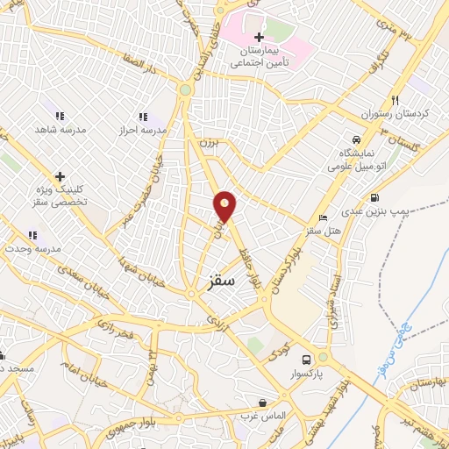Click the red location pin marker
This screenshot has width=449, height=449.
click(x=225, y=207)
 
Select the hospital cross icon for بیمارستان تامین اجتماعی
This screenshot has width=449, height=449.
click(x=259, y=37)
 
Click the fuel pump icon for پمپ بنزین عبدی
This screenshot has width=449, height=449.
click(x=375, y=197)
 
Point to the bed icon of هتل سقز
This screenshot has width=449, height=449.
click(x=324, y=217)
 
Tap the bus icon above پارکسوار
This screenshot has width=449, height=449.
click(x=306, y=360)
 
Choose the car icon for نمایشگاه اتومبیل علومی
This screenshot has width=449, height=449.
click(x=355, y=140)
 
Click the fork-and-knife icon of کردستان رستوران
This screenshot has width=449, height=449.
click(x=396, y=100)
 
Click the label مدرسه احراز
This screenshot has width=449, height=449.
click(x=143, y=130)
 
